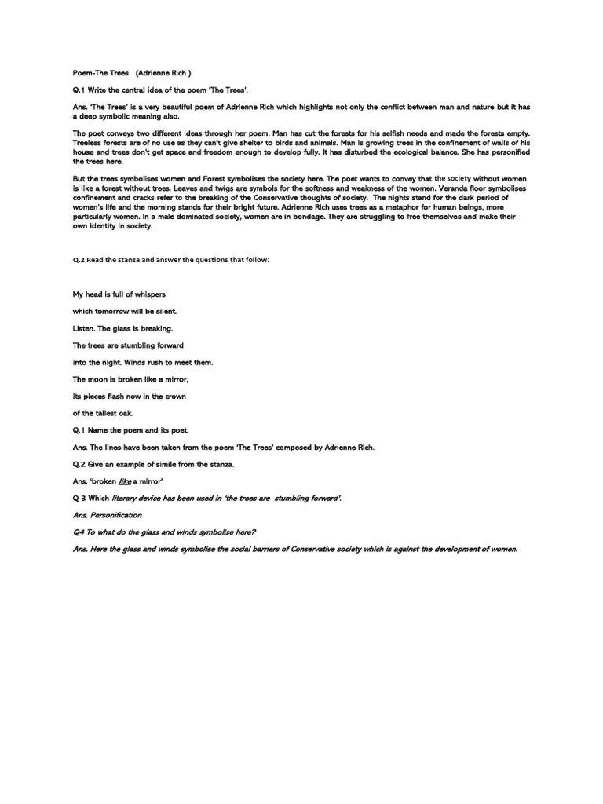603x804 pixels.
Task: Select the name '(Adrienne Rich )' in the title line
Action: (163, 72)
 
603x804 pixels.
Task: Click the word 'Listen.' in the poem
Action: (87, 328)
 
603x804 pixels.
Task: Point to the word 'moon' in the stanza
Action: (100, 379)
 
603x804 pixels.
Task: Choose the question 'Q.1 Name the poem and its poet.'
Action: (131, 430)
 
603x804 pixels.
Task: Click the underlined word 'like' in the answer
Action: (125, 481)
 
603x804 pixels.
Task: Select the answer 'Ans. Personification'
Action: (108, 515)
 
